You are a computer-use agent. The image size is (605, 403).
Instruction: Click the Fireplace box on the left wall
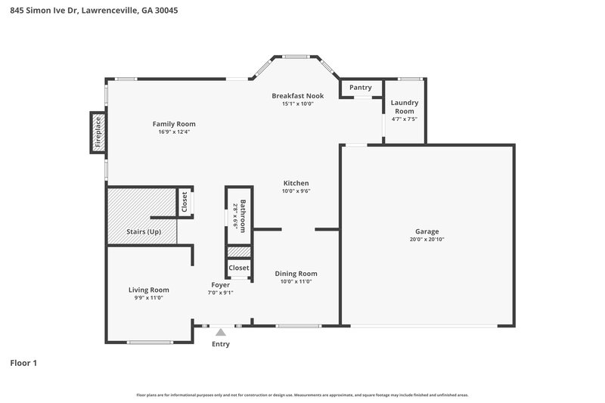[x=98, y=132]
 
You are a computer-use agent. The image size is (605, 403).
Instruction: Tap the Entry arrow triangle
[x=220, y=331]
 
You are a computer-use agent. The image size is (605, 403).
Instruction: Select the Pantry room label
[x=361, y=88]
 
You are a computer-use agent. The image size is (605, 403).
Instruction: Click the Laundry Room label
[x=405, y=107]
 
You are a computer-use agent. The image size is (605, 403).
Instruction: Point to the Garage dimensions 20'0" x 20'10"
[x=427, y=240]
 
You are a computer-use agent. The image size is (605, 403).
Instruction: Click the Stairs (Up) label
[x=143, y=231]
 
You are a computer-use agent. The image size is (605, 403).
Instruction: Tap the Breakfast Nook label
[x=298, y=96]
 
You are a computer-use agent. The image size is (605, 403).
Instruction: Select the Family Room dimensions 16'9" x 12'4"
[x=174, y=132]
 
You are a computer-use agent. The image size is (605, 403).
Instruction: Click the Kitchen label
[x=296, y=183]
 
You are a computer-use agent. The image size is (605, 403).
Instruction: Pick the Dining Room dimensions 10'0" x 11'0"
[x=296, y=281]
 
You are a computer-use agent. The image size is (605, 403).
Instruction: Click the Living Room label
[x=148, y=290]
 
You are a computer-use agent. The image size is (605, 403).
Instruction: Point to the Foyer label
[x=220, y=285]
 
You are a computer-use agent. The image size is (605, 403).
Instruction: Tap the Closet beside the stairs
[x=184, y=201]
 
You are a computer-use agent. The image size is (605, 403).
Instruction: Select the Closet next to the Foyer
[x=239, y=268]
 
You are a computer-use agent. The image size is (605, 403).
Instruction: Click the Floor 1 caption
[x=23, y=364]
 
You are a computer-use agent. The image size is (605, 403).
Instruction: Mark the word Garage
[x=427, y=231]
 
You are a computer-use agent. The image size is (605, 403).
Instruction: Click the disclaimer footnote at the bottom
[x=302, y=395]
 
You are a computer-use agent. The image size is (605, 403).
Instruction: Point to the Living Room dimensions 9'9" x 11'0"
[x=148, y=298]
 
